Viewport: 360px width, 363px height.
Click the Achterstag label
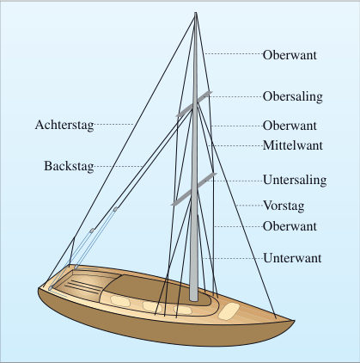pos(64,125)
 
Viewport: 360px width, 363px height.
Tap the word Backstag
pos(69,166)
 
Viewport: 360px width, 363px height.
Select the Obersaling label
pos(293,96)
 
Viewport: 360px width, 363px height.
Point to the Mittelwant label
pos(293,145)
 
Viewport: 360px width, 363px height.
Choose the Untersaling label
pos(295,180)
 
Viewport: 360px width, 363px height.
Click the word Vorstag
pos(284,206)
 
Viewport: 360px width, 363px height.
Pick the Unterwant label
pos(292,258)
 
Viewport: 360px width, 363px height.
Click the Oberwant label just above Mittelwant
pos(290,126)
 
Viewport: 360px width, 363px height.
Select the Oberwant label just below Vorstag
pos(290,226)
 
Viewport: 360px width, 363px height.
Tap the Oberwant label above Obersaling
pos(290,55)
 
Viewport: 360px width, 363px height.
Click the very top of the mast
pos(196,13)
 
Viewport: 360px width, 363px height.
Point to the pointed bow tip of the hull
pos(294,321)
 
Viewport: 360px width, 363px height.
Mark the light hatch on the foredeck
pos(229,311)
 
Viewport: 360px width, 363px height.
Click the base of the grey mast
pos(193,299)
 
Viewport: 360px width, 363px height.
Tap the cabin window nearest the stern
pos(120,301)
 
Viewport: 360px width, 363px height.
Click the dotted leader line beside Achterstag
pos(114,125)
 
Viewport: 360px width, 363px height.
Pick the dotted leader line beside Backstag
pos(119,166)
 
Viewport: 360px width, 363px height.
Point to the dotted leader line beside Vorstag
pos(248,206)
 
